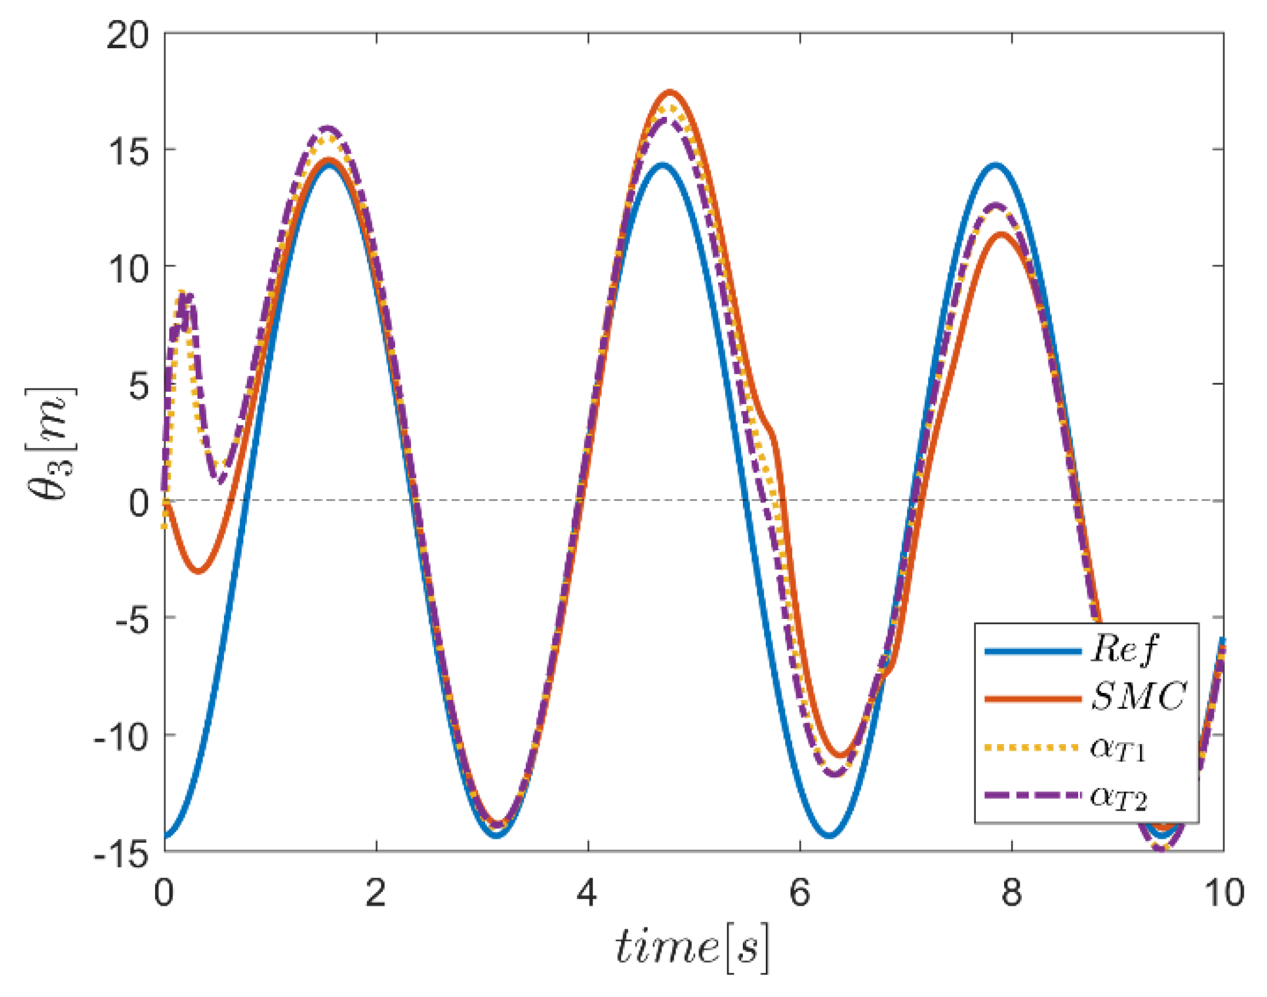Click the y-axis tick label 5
(x=138, y=387)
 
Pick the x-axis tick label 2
(x=375, y=893)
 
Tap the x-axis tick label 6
(x=799, y=893)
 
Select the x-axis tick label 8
(x=1011, y=893)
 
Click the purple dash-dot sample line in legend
(x=1032, y=795)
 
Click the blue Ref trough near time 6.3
(x=830, y=836)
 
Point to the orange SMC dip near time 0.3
(x=199, y=571)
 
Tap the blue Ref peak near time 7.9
(x=995, y=165)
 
